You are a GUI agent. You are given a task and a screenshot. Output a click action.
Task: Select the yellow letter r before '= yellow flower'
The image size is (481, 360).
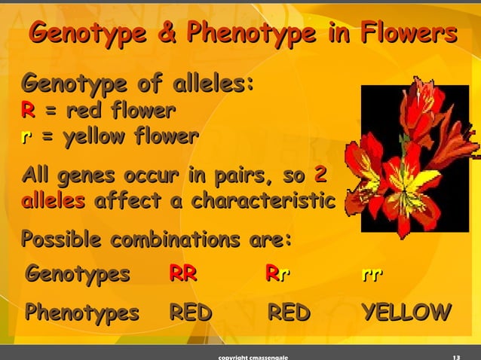coord(27,137)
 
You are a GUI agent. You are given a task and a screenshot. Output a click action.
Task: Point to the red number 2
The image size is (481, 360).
coord(320,176)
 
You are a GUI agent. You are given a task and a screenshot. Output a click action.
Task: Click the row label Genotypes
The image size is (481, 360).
coord(78,274)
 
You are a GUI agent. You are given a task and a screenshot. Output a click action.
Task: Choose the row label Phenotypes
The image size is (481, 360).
coord(82,312)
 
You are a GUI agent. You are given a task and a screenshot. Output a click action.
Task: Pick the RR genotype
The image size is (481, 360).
coord(183,274)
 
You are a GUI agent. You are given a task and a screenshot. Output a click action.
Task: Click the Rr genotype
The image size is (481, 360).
coord(278,274)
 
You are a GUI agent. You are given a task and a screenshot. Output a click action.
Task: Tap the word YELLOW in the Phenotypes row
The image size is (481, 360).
coord(406,312)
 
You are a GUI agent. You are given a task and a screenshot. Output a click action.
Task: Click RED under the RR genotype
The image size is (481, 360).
coord(190,312)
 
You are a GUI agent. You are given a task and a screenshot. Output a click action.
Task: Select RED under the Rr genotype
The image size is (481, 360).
coord(288,312)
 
